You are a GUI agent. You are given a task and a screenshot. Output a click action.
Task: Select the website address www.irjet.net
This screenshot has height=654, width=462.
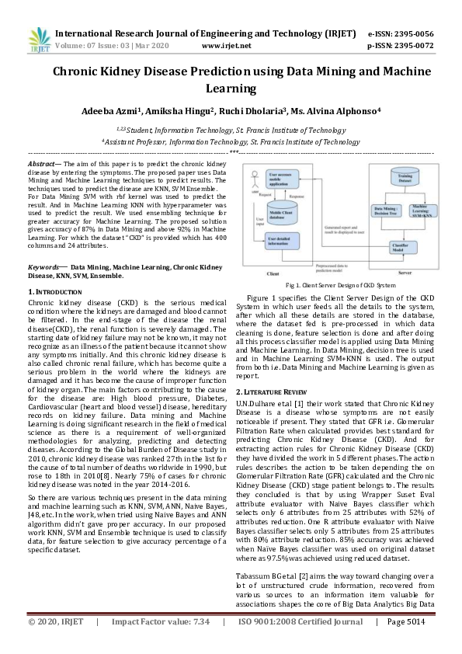tap(226, 46)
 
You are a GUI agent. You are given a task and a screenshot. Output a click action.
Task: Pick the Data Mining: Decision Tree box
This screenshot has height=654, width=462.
tap(384, 212)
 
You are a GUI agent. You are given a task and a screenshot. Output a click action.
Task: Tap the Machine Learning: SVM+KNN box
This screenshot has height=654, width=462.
tap(422, 212)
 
